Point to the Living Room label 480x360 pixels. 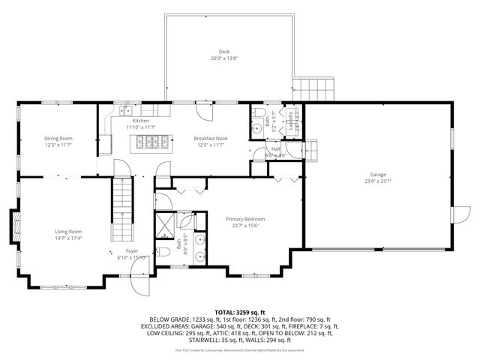pyautogui.click(x=67, y=232)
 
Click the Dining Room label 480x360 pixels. pyautogui.click(x=58, y=138)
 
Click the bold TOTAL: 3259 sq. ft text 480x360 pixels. pyautogui.click(x=239, y=311)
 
